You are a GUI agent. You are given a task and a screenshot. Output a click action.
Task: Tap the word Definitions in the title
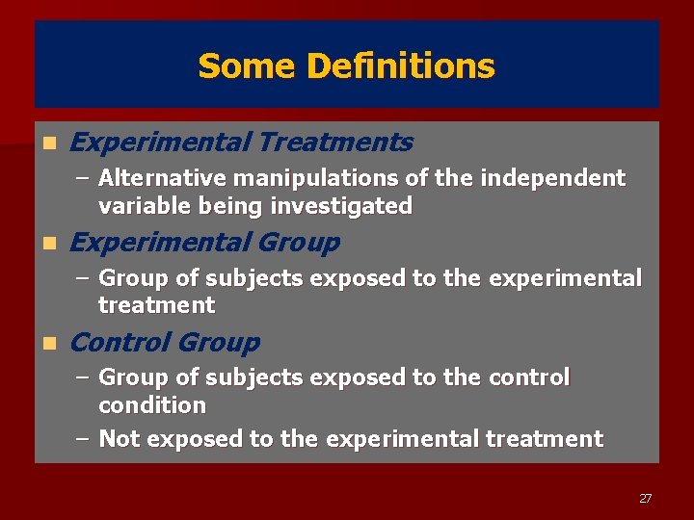(400, 66)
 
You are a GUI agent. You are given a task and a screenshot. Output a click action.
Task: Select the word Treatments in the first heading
(335, 143)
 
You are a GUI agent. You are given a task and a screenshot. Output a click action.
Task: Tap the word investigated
(341, 206)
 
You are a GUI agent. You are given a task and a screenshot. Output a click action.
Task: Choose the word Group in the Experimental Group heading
(300, 243)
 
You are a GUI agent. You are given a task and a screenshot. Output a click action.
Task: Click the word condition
(152, 405)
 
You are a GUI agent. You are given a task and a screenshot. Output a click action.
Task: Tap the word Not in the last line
(120, 439)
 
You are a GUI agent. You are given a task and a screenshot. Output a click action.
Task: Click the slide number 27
(645, 498)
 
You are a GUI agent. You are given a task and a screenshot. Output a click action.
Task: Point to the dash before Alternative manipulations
(83, 179)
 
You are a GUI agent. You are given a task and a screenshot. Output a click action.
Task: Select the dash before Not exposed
(83, 439)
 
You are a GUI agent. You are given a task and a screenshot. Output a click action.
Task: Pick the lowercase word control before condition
(525, 377)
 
